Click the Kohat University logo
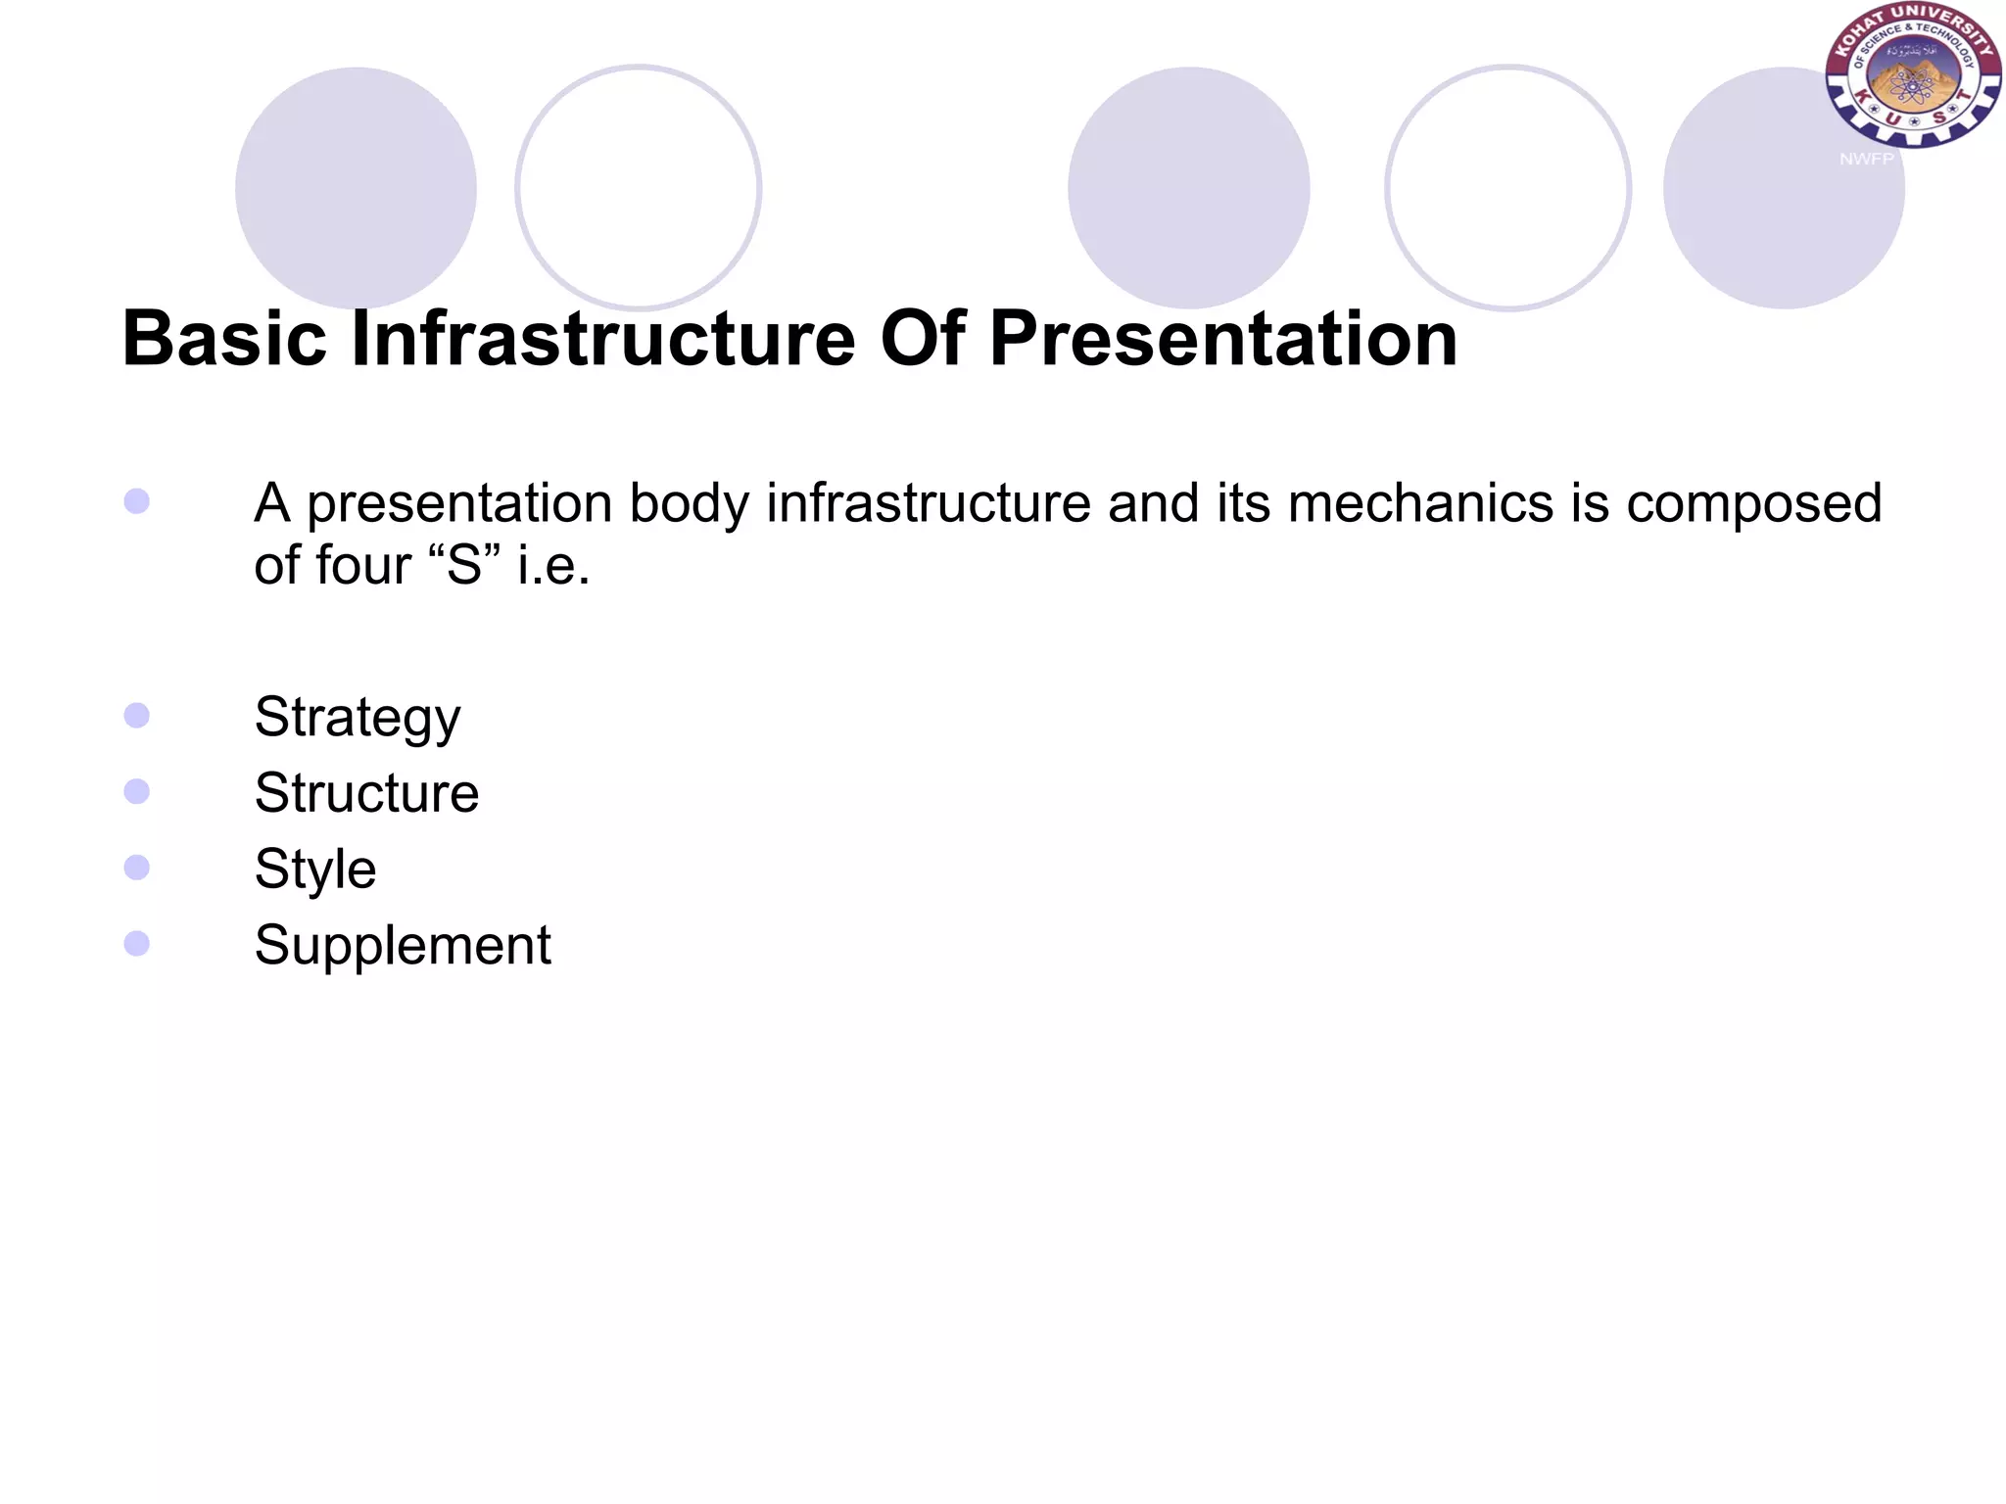pos(1913,76)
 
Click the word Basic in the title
pos(224,339)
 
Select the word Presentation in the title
pos(1223,339)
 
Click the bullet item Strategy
pos(358,718)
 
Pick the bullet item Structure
pos(366,793)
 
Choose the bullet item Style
pos(315,869)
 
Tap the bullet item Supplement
pos(403,946)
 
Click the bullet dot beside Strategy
pos(137,716)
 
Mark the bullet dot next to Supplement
pos(137,944)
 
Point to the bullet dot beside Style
pos(137,868)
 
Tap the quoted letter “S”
pos(465,565)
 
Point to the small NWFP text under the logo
pos(1866,159)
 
